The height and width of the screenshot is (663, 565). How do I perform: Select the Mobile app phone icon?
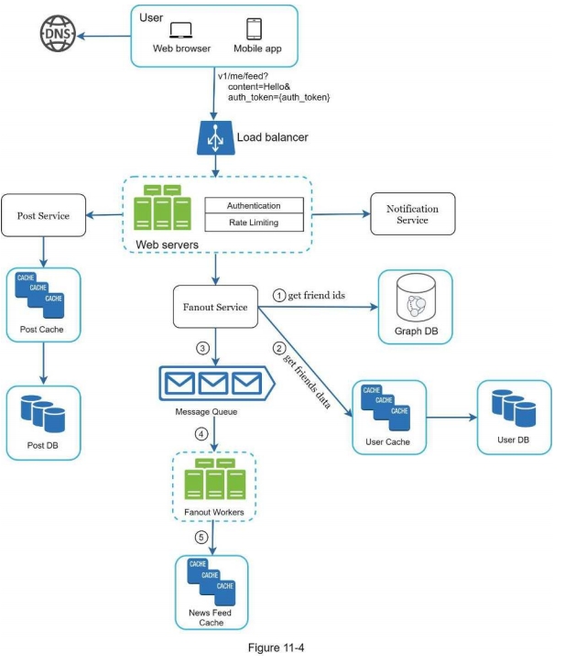pos(254,28)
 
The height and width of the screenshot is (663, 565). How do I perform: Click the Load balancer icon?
pos(215,139)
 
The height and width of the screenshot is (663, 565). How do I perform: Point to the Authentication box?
pos(253,205)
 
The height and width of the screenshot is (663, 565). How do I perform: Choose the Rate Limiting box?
pos(253,223)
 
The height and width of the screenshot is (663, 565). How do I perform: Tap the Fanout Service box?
pos(216,306)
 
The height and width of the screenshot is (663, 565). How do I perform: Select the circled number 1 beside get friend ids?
pos(280,294)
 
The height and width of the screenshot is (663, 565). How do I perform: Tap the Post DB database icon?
pos(42,416)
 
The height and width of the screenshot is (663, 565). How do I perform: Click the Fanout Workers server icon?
pos(213,482)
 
